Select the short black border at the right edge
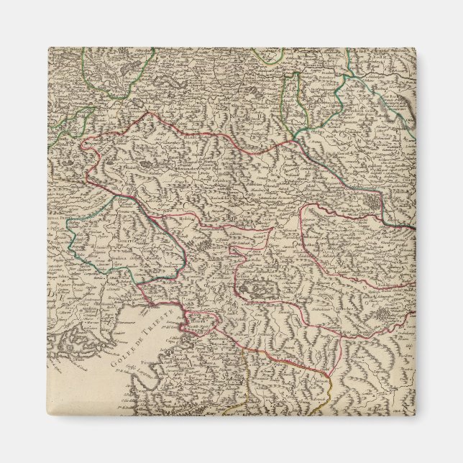408,227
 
